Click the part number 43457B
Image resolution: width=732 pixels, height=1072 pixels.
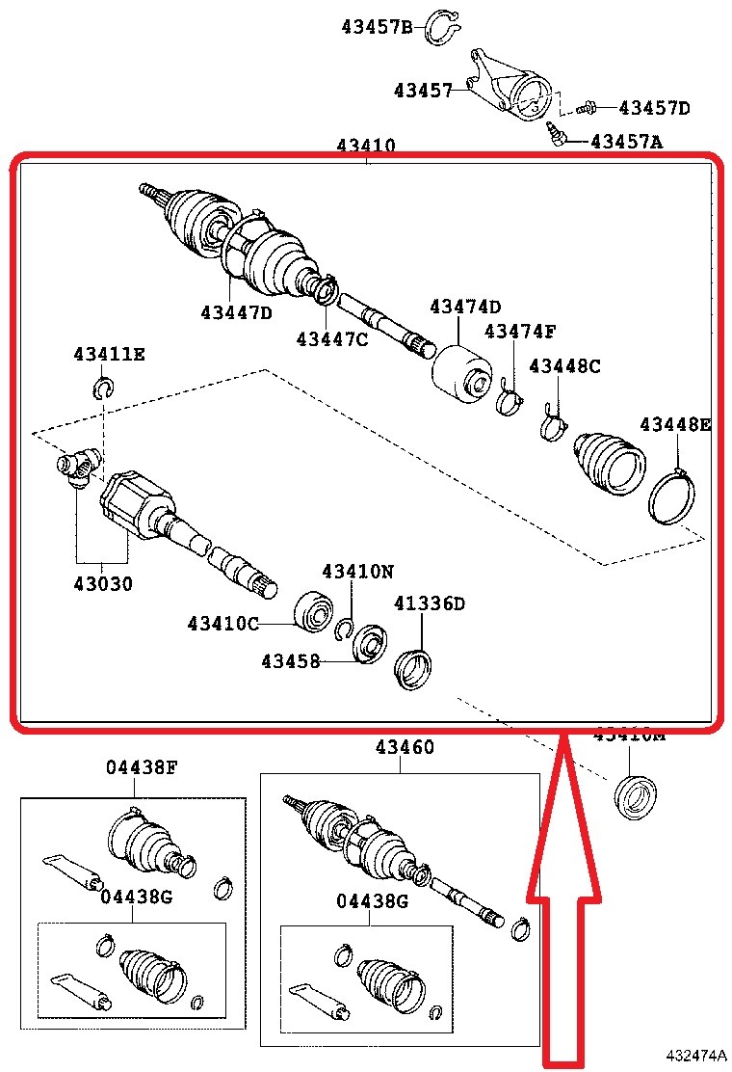click(376, 26)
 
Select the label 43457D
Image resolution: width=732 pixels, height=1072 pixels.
click(654, 108)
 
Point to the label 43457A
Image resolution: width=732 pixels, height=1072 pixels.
click(626, 142)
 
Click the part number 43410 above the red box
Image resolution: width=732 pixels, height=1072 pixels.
click(366, 147)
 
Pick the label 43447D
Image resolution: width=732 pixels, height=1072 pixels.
click(237, 312)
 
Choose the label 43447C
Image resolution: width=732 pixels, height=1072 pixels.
click(332, 338)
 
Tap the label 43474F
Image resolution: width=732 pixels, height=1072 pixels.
click(520, 332)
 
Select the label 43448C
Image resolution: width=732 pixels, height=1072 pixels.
click(564, 366)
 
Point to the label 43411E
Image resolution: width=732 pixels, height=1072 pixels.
click(109, 354)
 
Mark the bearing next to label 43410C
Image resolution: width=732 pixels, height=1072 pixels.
click(313, 611)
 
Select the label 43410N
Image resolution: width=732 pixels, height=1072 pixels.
click(357, 571)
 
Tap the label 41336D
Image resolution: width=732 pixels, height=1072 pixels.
click(430, 603)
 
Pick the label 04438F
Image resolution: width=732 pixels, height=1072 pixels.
click(142, 767)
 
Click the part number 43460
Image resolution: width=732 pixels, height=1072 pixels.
click(405, 747)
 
